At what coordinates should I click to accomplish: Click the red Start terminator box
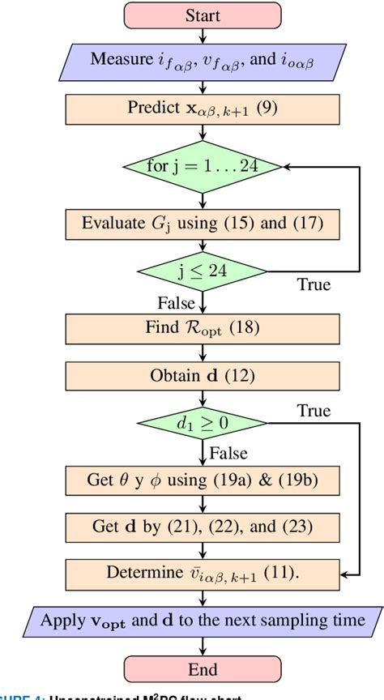(x=203, y=15)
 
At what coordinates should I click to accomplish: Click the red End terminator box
(x=203, y=669)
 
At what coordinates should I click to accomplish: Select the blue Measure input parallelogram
(x=203, y=60)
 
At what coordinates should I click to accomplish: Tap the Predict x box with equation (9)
(x=203, y=108)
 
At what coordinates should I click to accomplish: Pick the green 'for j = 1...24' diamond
(x=203, y=167)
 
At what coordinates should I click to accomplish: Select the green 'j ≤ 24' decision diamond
(x=203, y=271)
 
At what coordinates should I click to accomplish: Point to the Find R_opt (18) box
(x=203, y=330)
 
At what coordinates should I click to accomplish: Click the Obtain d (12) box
(x=203, y=376)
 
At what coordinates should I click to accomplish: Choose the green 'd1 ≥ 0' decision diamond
(x=203, y=422)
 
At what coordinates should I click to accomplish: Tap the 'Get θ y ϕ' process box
(x=203, y=480)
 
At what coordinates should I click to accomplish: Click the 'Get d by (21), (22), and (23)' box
(x=203, y=526)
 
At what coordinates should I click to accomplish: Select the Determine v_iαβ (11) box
(x=203, y=573)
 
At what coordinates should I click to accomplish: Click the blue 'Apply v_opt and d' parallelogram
(x=203, y=621)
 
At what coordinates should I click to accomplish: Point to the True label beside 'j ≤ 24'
(x=314, y=286)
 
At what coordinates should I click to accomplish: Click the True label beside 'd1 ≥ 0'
(x=314, y=410)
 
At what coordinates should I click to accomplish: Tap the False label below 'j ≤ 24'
(x=177, y=303)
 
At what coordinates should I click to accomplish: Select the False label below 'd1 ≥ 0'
(x=228, y=453)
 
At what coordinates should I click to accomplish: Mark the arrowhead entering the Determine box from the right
(x=344, y=574)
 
